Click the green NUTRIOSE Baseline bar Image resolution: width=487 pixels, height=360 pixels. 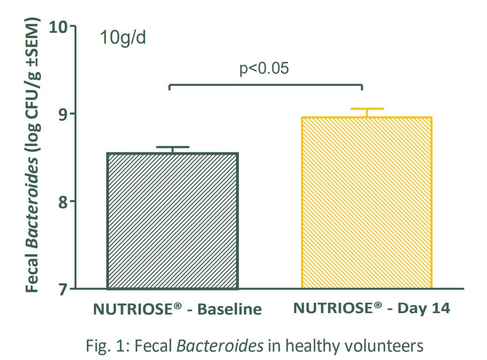click(173, 221)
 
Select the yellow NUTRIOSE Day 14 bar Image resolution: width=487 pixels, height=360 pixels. click(366, 202)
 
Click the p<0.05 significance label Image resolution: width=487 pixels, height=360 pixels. click(265, 68)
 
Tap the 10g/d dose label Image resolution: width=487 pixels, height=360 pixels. click(123, 37)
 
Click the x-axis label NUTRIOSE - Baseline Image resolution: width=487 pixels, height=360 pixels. click(177, 309)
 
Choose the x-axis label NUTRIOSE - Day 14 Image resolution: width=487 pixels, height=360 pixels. click(372, 308)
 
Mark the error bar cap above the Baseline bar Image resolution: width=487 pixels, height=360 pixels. click(173, 147)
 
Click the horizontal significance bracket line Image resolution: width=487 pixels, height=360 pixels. click(266, 85)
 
